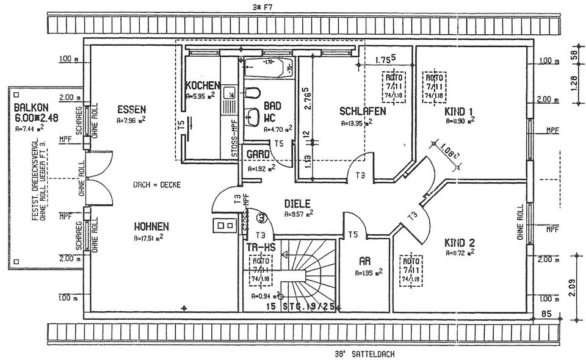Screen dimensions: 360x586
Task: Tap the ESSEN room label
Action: tap(131, 110)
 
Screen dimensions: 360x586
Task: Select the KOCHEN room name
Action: tap(202, 85)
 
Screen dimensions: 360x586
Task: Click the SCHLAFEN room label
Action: tap(362, 112)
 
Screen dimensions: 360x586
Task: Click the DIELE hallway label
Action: tap(298, 204)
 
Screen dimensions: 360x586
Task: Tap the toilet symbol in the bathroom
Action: tap(253, 93)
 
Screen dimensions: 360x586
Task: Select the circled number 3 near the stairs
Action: tap(262, 216)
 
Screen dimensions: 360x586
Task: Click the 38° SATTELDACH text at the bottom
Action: tap(360, 353)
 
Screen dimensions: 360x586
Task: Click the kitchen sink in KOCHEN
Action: tap(230, 93)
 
